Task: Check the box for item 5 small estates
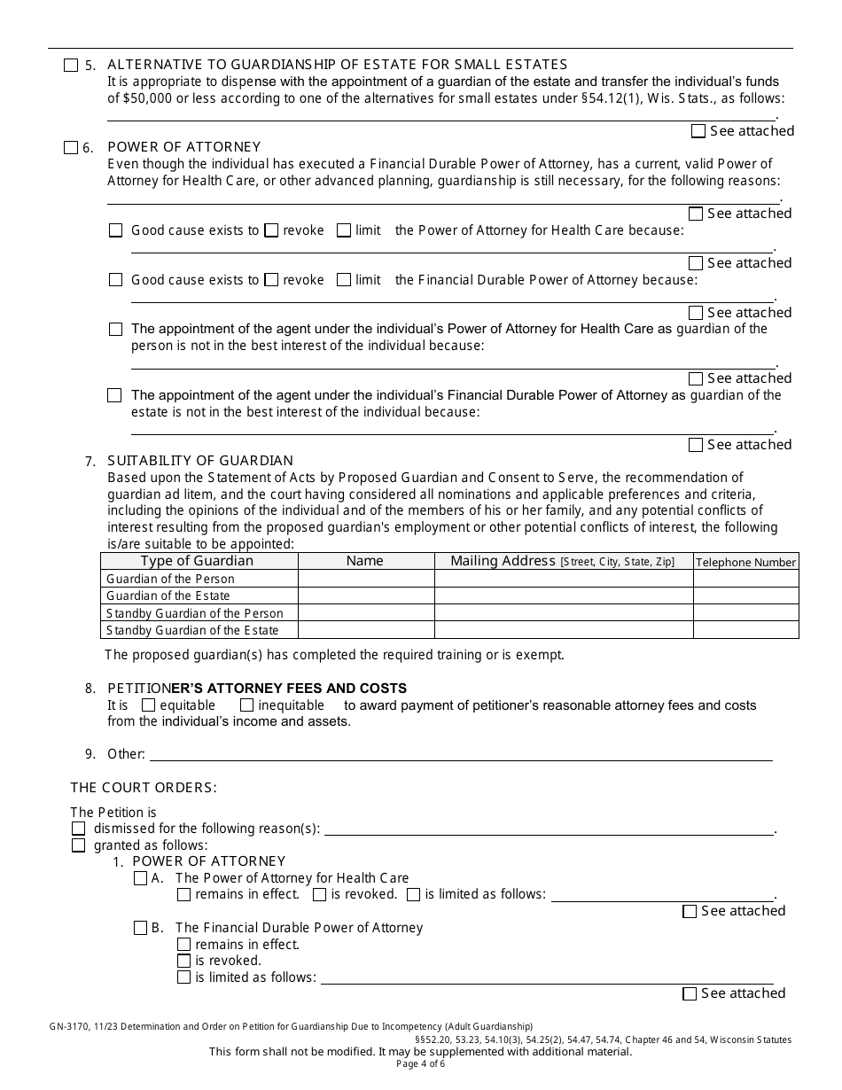click(71, 65)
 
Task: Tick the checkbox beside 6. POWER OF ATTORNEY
click(71, 148)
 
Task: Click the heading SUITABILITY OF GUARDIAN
click(199, 461)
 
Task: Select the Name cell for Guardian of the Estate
click(366, 596)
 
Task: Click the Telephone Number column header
click(745, 562)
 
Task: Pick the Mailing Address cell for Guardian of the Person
click(563, 579)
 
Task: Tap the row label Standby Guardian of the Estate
click(192, 630)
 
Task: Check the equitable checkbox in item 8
click(149, 705)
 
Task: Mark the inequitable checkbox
click(247, 705)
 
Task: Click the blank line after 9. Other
click(461, 754)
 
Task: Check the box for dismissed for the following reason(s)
click(79, 829)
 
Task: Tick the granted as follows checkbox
click(79, 845)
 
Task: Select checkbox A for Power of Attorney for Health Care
click(140, 878)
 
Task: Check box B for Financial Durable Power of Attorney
click(140, 928)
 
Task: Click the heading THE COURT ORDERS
click(144, 787)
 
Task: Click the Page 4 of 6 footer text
click(420, 1063)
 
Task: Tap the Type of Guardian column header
click(197, 561)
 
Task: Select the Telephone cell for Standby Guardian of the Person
click(745, 613)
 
